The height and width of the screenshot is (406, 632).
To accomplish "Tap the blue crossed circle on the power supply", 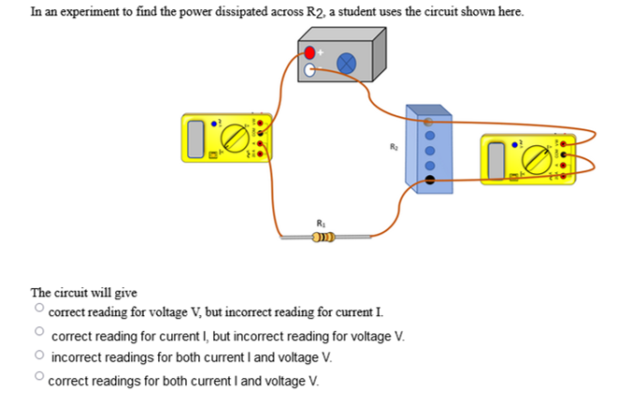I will tap(346, 63).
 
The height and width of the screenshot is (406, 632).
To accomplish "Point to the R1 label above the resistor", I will tap(321, 223).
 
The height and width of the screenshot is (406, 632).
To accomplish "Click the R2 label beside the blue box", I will tap(394, 147).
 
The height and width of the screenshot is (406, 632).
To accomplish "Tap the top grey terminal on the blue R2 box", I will tap(429, 121).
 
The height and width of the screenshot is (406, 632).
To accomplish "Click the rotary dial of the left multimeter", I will tap(237, 138).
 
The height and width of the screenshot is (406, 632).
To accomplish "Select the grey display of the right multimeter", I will tap(496, 160).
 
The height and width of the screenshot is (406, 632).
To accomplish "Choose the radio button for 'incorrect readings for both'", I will tap(39, 355).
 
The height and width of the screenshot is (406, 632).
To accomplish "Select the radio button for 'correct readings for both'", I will tap(39, 377).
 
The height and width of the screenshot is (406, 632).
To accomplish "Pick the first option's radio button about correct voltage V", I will tap(39, 307).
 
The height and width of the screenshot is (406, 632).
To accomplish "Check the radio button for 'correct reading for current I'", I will tap(39, 331).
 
